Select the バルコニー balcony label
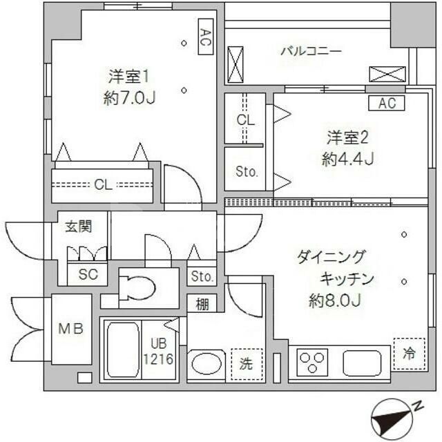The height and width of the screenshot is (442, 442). tap(311, 51)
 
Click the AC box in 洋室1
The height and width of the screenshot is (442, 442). tap(205, 36)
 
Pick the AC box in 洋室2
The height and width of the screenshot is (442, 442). tap(387, 104)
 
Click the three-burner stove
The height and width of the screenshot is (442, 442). tap(312, 363)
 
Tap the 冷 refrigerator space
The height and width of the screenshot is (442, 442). tap(409, 354)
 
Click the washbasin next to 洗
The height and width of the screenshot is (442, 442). tap(206, 363)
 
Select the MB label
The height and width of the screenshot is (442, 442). tap(70, 329)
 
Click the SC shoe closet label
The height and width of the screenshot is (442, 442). tap(88, 274)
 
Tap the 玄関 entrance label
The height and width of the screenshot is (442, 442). tap(78, 227)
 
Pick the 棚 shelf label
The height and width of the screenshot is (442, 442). tap(202, 303)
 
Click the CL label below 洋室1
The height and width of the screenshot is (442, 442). tap(103, 184)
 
